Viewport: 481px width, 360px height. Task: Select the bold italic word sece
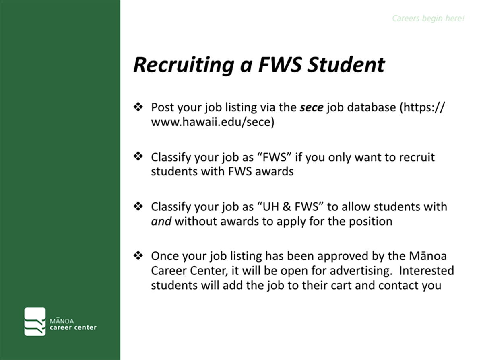(312, 108)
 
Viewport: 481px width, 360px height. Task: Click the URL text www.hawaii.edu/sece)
(213, 122)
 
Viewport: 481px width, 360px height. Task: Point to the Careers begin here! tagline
(428, 19)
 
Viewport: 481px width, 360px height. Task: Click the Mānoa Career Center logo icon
(35, 321)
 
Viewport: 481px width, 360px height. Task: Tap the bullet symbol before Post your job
(138, 107)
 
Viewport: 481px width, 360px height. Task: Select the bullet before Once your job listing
(138, 255)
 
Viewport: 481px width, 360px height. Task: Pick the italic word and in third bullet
(161, 221)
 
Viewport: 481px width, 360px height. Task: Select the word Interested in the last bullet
(426, 270)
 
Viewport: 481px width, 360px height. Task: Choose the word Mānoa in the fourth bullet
(427, 256)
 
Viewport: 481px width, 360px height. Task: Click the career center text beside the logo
(73, 328)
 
